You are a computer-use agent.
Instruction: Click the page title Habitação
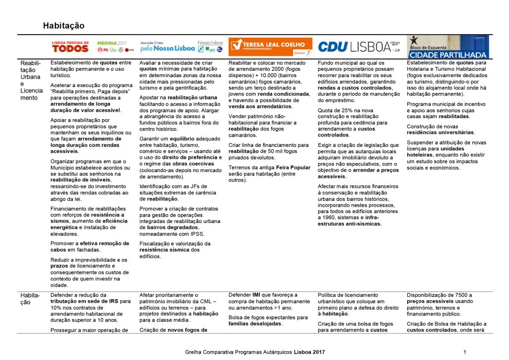(64, 25)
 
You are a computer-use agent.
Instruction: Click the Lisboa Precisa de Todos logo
(70, 46)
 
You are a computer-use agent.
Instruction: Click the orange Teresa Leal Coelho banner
(270, 46)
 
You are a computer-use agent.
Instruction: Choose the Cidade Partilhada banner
(447, 47)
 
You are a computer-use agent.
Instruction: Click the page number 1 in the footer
(466, 352)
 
